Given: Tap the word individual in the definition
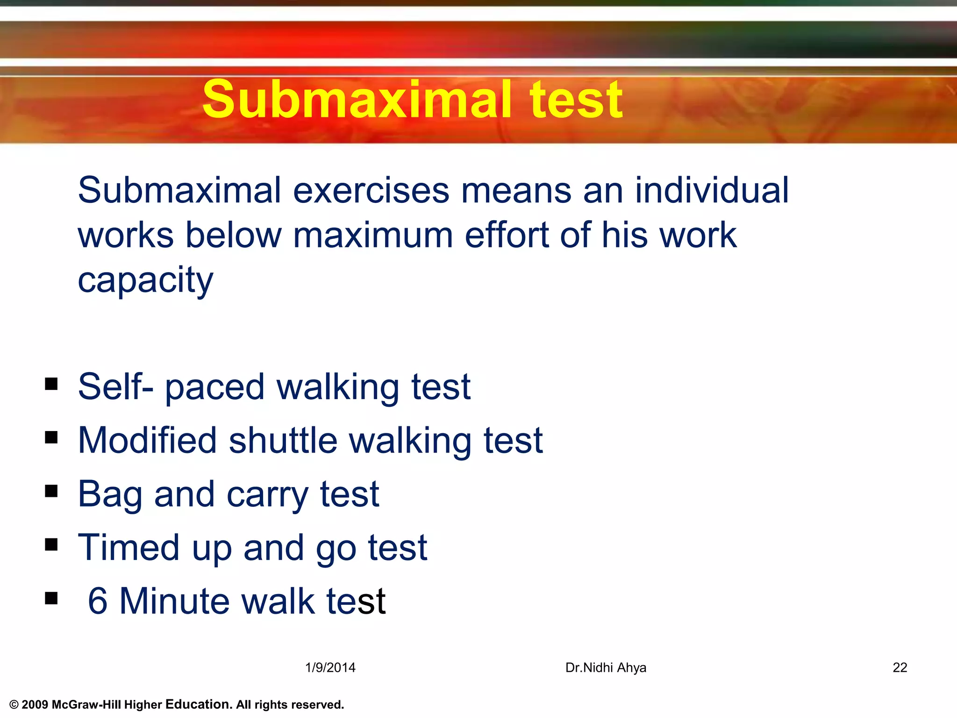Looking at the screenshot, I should pyautogui.click(x=711, y=191).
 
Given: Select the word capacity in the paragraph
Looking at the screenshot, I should pyautogui.click(x=145, y=280).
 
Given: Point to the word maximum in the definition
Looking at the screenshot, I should pyautogui.click(x=373, y=235).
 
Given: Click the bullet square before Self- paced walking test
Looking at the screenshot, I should pyautogui.click(x=51, y=384).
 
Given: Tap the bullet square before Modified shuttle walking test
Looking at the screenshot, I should pyautogui.click(x=51, y=438).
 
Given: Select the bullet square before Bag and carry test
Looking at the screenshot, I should pyautogui.click(x=51, y=491).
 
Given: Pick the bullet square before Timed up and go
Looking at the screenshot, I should pyautogui.click(x=51, y=545).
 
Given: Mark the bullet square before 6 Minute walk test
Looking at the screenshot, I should pyautogui.click(x=51, y=598).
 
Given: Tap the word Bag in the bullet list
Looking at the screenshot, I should pyautogui.click(x=110, y=495).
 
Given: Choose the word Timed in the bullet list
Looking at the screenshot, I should pyautogui.click(x=129, y=548).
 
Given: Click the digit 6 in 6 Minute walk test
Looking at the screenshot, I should pyautogui.click(x=98, y=602).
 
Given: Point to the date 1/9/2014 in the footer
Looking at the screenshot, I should pyautogui.click(x=330, y=668).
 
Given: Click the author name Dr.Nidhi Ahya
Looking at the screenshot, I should pyautogui.click(x=606, y=668).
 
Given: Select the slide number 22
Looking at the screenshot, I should pyautogui.click(x=900, y=668).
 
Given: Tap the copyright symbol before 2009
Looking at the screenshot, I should pyautogui.click(x=14, y=705).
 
